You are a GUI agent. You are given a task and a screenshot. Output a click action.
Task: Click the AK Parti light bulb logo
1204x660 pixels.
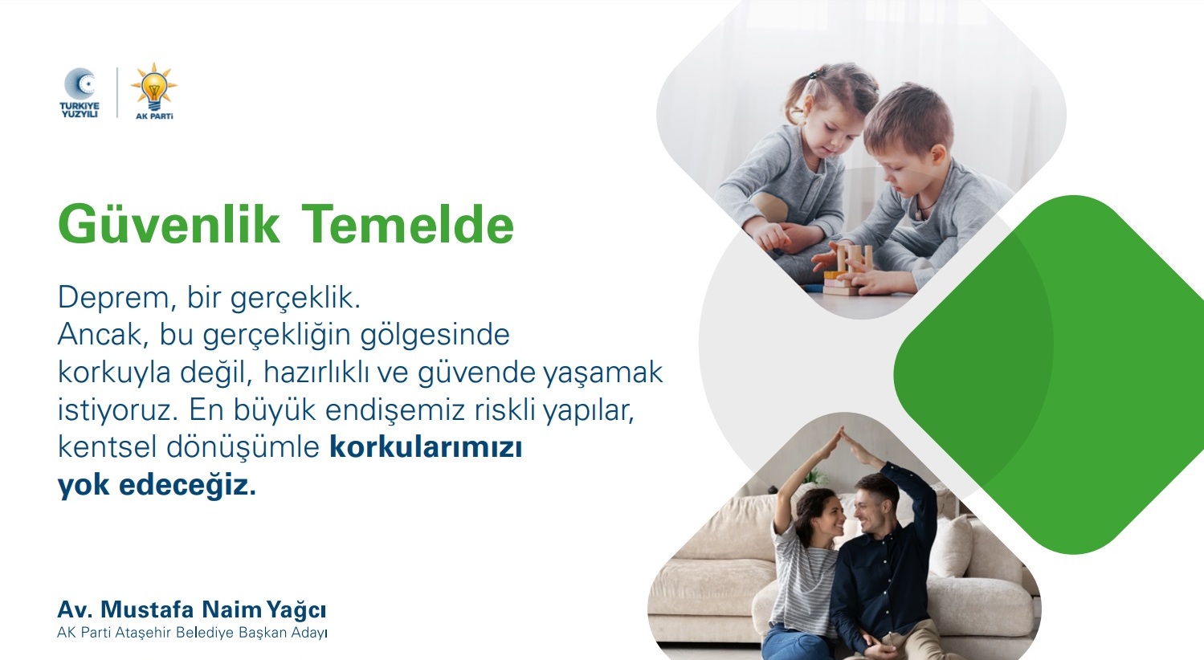tap(154, 90)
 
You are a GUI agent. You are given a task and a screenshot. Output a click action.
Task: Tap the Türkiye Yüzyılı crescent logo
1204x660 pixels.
tap(80, 92)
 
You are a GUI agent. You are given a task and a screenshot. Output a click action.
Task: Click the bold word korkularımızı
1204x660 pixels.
tap(426, 447)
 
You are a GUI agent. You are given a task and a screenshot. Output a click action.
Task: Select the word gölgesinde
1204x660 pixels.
tap(435, 336)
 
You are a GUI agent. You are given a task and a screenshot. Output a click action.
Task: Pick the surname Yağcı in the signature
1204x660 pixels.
tap(296, 610)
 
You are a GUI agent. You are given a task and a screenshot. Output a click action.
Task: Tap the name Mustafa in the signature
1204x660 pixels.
tap(147, 609)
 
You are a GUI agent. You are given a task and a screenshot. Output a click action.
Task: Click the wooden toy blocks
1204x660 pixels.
tap(847, 271)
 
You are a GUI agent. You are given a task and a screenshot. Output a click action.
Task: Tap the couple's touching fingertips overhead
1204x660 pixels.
tap(843, 432)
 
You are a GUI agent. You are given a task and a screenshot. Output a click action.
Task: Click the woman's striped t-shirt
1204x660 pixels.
tap(804, 575)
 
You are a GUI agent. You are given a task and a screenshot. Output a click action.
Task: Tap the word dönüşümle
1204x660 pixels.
tap(243, 447)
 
